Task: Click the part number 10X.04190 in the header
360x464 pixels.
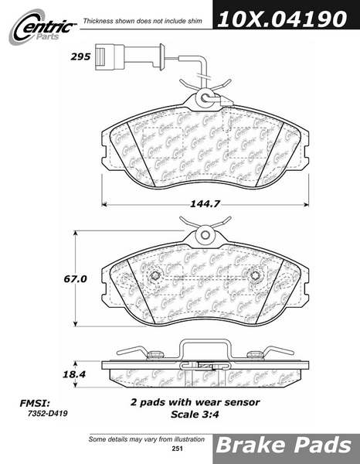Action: coord(282,19)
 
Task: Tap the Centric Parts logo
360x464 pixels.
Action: coord(42,27)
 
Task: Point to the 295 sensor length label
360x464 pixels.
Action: coord(80,56)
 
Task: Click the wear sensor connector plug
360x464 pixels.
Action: coord(110,56)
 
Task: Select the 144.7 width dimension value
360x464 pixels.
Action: coord(205,203)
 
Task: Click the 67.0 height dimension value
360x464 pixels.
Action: coord(75,278)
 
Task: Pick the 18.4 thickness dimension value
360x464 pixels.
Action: coord(74,374)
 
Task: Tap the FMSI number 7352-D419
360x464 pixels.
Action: coord(48,414)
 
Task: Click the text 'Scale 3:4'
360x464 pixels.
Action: coord(195,415)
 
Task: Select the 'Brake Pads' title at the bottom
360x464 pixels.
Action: coord(284,445)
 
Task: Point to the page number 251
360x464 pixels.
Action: coord(178,449)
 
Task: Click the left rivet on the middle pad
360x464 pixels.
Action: coord(155,276)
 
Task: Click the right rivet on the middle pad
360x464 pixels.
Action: coord(254,276)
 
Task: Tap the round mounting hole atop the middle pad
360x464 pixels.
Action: coord(205,234)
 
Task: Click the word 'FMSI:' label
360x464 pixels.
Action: coord(34,403)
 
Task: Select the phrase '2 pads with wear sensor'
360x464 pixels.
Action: coord(195,402)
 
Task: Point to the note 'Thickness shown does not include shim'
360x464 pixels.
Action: coord(143,21)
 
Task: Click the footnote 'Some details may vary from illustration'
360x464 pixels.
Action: coord(147,439)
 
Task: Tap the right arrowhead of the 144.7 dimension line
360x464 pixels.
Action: coord(307,204)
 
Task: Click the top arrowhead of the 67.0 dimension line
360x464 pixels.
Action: coord(76,234)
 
